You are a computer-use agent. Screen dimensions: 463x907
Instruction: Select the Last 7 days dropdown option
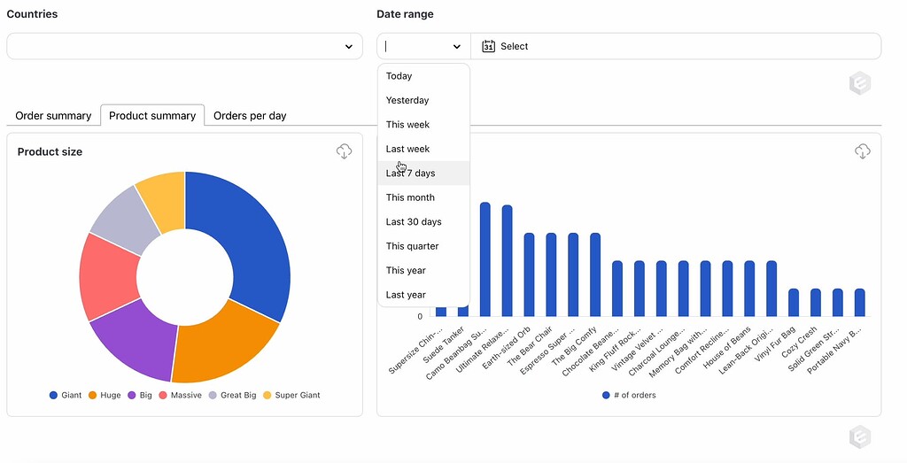tap(411, 174)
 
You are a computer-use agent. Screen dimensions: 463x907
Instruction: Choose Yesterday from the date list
tap(407, 100)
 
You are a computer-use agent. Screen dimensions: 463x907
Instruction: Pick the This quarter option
tap(412, 246)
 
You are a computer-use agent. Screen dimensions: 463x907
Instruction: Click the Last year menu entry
tap(406, 295)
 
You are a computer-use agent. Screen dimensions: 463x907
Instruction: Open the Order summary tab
tap(53, 116)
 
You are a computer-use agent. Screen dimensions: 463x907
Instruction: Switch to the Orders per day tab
tap(250, 116)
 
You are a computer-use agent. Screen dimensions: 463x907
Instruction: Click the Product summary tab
tap(152, 116)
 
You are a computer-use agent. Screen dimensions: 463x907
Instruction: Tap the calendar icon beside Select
tap(488, 46)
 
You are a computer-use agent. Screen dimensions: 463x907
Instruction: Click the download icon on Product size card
tap(345, 152)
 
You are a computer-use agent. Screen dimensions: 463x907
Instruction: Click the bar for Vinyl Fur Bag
tap(794, 302)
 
